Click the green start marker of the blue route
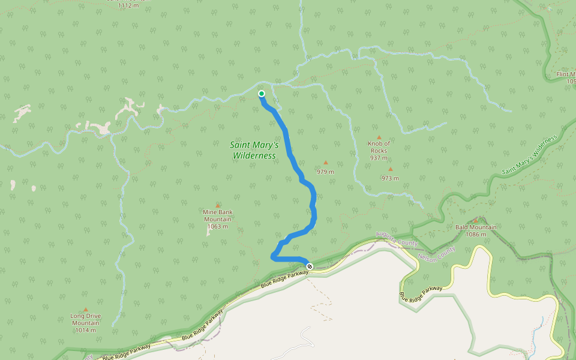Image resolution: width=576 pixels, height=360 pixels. click(x=262, y=94)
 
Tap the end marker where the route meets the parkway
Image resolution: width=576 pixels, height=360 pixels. click(x=310, y=266)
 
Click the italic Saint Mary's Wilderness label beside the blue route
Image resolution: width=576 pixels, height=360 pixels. click(x=254, y=150)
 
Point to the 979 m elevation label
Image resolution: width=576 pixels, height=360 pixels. click(x=325, y=172)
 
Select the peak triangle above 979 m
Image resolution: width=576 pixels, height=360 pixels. click(x=326, y=162)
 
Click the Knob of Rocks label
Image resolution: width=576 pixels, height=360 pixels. click(x=379, y=147)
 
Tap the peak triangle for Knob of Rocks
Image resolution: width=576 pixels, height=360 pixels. click(x=379, y=137)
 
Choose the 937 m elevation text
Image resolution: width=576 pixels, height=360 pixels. click(x=379, y=158)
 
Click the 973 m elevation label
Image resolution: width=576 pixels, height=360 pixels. click(x=390, y=178)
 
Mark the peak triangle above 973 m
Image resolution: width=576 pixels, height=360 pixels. click(x=390, y=169)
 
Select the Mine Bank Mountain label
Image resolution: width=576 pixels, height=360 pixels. click(x=217, y=215)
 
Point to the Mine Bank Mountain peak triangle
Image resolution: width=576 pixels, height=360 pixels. click(x=217, y=205)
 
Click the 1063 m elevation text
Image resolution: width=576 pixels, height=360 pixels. click(x=217, y=227)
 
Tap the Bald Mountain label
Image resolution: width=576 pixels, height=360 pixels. click(x=476, y=227)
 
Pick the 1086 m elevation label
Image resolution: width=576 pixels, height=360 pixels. click(x=476, y=235)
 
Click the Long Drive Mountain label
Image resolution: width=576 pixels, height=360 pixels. click(x=85, y=320)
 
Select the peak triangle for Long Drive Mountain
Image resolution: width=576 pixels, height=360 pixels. click(x=85, y=310)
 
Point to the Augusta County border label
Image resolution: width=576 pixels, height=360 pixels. click(x=397, y=238)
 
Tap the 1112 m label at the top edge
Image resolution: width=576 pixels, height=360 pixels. click(x=128, y=5)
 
